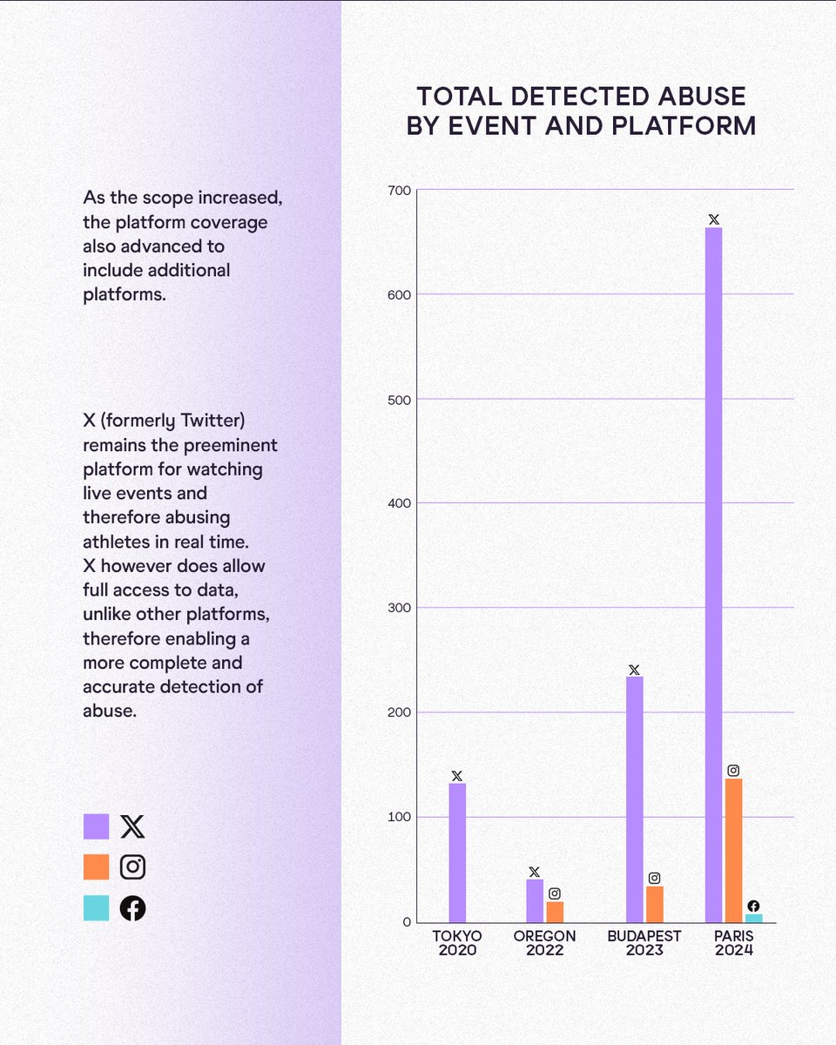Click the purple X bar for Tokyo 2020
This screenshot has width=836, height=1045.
[x=457, y=853]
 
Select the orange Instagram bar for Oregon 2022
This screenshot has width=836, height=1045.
[x=555, y=912]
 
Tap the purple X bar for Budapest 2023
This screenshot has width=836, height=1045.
[x=634, y=799]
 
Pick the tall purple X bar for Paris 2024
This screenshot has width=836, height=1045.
[x=713, y=575]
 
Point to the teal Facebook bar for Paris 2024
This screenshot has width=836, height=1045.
[x=753, y=918]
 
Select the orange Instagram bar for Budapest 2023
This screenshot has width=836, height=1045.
[x=654, y=904]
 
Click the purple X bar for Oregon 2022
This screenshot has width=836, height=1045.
[x=535, y=900]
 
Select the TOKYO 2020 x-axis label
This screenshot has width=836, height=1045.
[x=457, y=943]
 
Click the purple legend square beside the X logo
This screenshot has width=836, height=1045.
[x=96, y=826]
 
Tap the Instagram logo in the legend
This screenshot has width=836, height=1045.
[x=132, y=867]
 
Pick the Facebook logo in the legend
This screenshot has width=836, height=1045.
[x=132, y=908]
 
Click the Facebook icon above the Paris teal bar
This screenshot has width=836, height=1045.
[x=753, y=906]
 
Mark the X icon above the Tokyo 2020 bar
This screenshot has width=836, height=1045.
[x=457, y=776]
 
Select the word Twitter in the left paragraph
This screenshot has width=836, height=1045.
[x=213, y=421]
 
